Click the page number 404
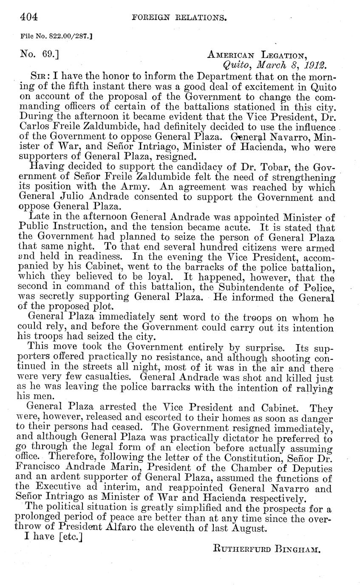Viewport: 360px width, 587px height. click(x=29, y=17)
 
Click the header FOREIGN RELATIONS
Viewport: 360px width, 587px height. click(x=179, y=18)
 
